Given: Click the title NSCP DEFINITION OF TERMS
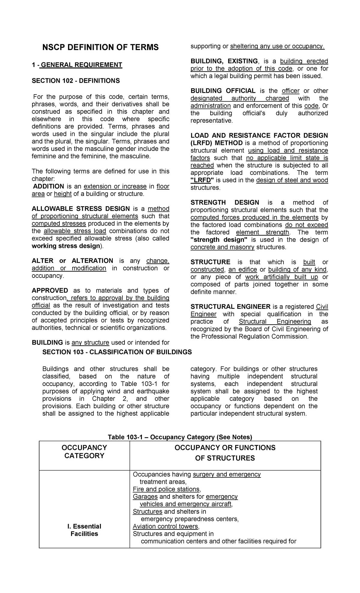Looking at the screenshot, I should (x=100, y=47).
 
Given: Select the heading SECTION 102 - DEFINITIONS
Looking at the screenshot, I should (x=76, y=81).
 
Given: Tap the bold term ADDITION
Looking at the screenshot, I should (x=49, y=186).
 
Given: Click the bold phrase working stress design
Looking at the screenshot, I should (x=66, y=246).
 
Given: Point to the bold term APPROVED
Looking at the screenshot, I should (x=50, y=290).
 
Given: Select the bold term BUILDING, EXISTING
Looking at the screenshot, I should (x=224, y=61).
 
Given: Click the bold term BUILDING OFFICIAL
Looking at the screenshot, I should (x=223, y=91).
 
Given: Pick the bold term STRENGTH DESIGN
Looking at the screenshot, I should (x=225, y=203).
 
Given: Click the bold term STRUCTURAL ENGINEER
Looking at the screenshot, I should (x=230, y=307).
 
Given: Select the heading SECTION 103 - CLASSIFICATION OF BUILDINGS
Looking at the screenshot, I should (x=117, y=352).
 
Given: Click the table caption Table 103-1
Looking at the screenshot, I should (x=180, y=437).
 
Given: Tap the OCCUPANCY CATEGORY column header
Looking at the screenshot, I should (x=84, y=452).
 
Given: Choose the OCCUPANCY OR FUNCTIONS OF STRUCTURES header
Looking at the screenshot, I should (x=225, y=453).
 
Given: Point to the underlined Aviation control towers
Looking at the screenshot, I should (x=166, y=526).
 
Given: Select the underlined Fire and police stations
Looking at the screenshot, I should (x=166, y=489).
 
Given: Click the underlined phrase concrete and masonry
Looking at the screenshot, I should (x=222, y=247).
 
